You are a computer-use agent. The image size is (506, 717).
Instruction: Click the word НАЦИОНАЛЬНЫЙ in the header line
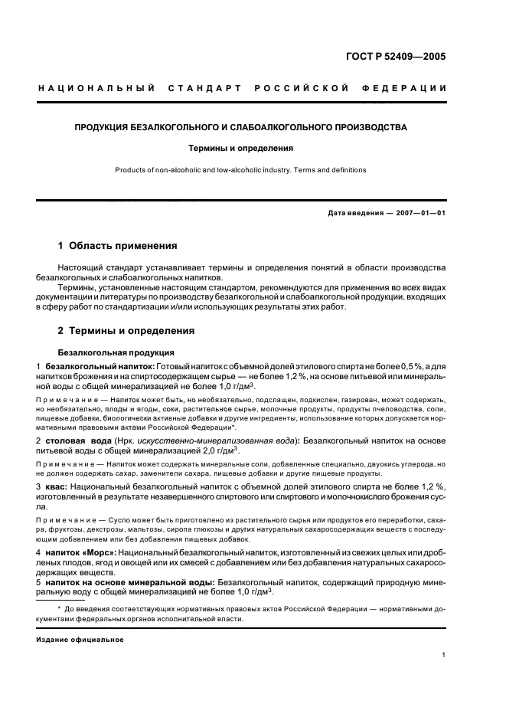pyautogui.click(x=96, y=88)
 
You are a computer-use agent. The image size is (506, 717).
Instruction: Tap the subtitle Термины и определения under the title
pyautogui.click(x=241, y=148)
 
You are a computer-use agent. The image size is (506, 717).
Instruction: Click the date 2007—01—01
pyautogui.click(x=416, y=213)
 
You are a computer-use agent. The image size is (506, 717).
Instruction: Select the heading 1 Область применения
pyautogui.click(x=118, y=247)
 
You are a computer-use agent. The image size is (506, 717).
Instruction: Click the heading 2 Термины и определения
pyautogui.click(x=126, y=331)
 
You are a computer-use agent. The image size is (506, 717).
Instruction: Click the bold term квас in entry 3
pyautogui.click(x=59, y=487)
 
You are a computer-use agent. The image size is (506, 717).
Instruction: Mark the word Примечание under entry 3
pyautogui.click(x=64, y=520)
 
